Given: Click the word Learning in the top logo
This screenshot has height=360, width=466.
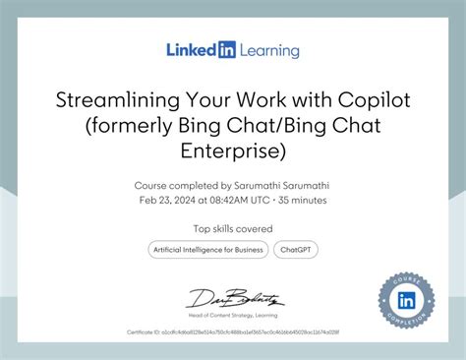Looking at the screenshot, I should click(267, 50).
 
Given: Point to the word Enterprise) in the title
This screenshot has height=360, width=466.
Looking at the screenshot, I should click(233, 151).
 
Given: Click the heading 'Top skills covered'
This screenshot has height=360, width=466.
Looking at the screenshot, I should click(233, 230).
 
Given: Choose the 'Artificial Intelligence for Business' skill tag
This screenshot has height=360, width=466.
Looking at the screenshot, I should click(207, 250).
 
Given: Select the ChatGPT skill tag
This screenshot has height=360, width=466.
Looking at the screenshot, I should click(295, 250).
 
